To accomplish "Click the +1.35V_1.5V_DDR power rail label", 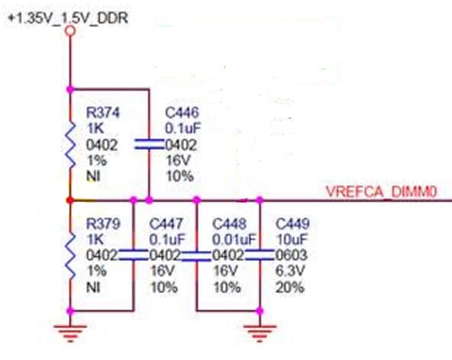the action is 68,18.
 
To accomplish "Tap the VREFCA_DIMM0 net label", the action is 381,191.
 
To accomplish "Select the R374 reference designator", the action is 102,112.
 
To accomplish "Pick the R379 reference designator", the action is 103,223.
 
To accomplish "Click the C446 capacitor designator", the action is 182,112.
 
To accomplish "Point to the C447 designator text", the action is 166,223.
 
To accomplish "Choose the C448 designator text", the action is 230,223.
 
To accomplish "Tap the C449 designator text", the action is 292,223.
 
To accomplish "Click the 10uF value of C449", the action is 292,239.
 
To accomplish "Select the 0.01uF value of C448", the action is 234,239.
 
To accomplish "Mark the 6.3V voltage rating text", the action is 290,271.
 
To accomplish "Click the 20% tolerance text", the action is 289,288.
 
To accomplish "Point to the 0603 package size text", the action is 292,256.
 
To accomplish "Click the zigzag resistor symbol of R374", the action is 70,145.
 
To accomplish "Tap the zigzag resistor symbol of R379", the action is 70,256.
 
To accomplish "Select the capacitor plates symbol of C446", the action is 149,144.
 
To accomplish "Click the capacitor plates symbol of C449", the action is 260,256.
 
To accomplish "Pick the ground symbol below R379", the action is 70,333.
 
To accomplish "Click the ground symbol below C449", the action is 260,333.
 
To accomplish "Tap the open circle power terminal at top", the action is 70,31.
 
